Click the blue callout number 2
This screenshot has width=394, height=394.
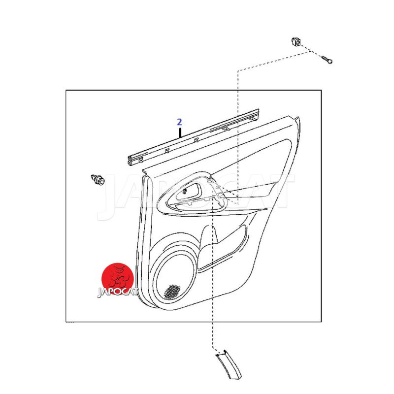tap(179, 122)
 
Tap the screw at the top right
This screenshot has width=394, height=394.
tap(327, 60)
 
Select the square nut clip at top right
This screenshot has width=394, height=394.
tap(296, 42)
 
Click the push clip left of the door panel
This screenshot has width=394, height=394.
tap(98, 179)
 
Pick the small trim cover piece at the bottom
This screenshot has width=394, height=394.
tap(229, 364)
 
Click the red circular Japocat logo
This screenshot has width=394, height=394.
tap(117, 279)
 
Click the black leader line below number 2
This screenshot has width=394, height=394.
tap(180, 133)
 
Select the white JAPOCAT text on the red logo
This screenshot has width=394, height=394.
tap(118, 292)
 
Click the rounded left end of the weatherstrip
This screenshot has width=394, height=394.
tap(130, 162)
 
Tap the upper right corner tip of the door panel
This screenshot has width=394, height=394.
tap(298, 117)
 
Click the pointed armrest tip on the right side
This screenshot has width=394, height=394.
tap(266, 209)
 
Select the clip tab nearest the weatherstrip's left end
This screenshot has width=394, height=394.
tap(141, 159)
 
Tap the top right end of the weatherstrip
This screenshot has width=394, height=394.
tap(258, 110)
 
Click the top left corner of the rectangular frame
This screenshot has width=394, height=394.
tap(66, 90)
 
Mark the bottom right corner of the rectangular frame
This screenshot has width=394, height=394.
tap(322, 322)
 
